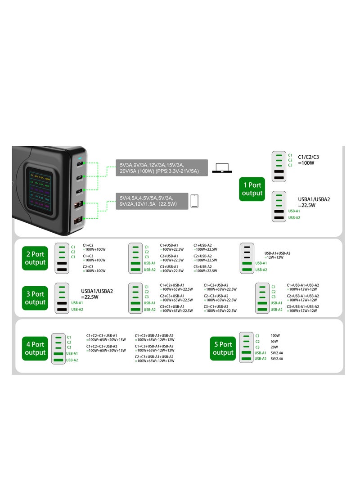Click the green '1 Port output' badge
252,189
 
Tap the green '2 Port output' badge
35,258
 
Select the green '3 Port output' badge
35,298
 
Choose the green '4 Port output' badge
35,348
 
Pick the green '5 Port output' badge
223,348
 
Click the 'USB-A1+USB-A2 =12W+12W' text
277,256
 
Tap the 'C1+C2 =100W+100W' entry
94,247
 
